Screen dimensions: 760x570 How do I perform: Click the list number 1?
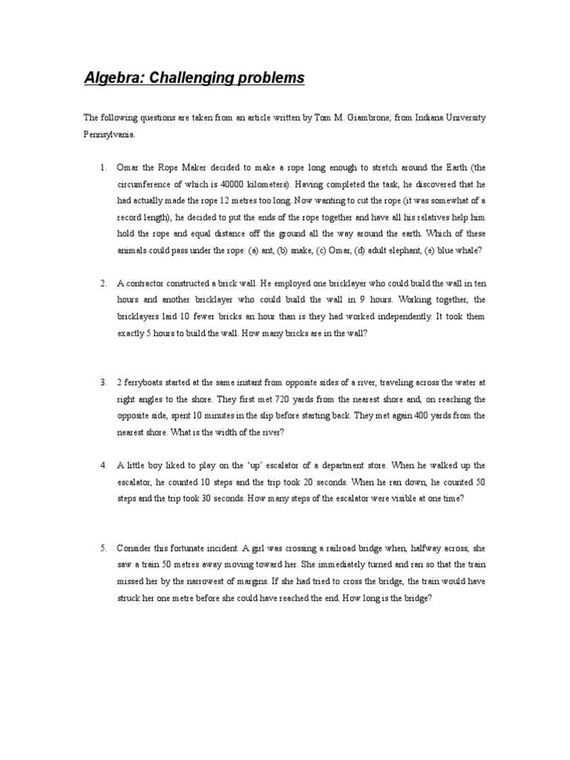(104, 168)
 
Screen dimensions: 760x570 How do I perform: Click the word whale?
(467, 250)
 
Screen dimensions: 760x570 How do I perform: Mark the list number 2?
(104, 284)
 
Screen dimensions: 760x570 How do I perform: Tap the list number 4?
(104, 465)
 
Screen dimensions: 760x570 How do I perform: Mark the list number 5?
(104, 548)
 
